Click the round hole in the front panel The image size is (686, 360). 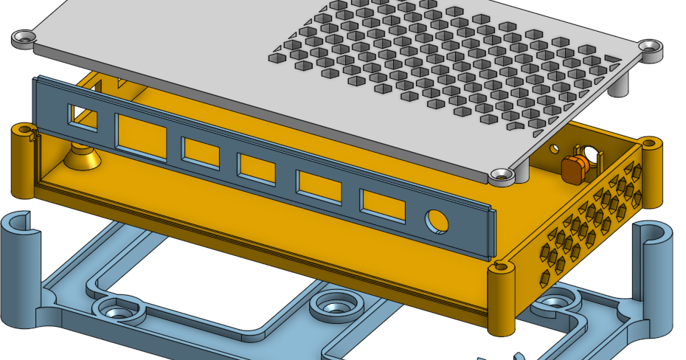(x=437, y=220)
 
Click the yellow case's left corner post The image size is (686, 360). (x=22, y=162)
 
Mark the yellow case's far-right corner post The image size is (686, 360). (x=651, y=173)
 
